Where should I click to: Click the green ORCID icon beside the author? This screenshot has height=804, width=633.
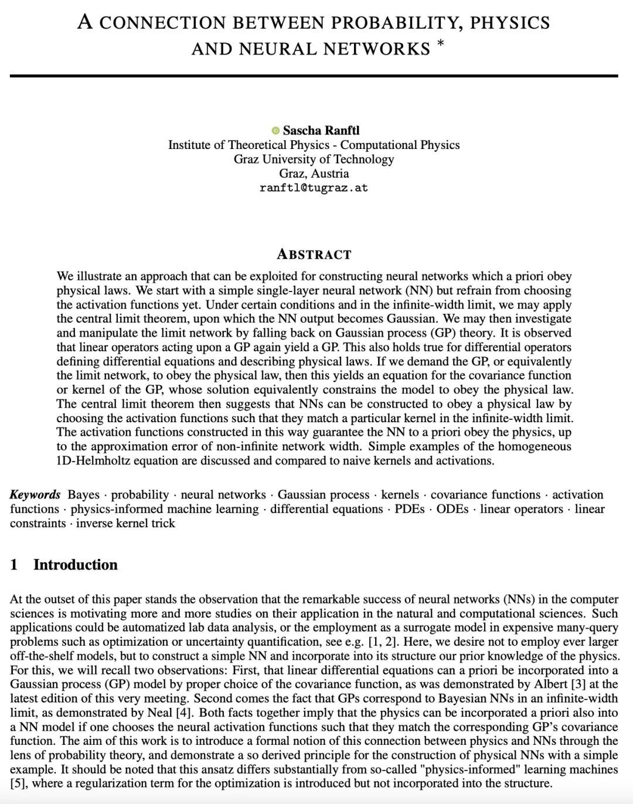click(x=275, y=130)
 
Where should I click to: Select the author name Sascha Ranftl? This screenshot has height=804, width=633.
click(x=321, y=130)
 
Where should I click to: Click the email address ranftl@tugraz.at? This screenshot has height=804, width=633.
click(x=314, y=188)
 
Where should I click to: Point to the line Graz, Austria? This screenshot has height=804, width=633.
click(x=314, y=174)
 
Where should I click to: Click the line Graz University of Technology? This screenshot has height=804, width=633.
click(x=314, y=159)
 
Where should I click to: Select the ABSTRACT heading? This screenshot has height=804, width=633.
click(x=314, y=255)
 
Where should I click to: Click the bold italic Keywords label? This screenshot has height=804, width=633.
click(x=35, y=494)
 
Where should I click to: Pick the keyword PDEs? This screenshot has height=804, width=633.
click(x=410, y=509)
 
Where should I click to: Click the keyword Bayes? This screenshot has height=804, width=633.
click(x=83, y=494)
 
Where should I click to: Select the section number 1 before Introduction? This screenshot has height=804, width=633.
click(x=14, y=565)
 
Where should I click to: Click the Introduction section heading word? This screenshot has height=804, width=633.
click(x=75, y=565)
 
